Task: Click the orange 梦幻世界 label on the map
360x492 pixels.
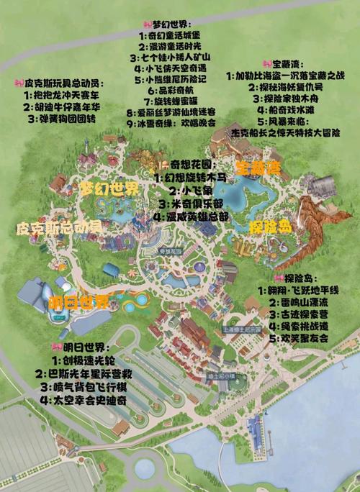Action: click(109, 189)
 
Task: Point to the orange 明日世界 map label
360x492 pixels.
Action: click(79, 301)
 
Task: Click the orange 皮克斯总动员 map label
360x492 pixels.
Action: click(58, 228)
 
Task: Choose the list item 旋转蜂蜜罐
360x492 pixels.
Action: click(176, 101)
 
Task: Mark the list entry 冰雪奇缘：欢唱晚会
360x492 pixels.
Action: click(176, 124)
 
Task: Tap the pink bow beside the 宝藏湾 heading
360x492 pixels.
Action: click(266, 63)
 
